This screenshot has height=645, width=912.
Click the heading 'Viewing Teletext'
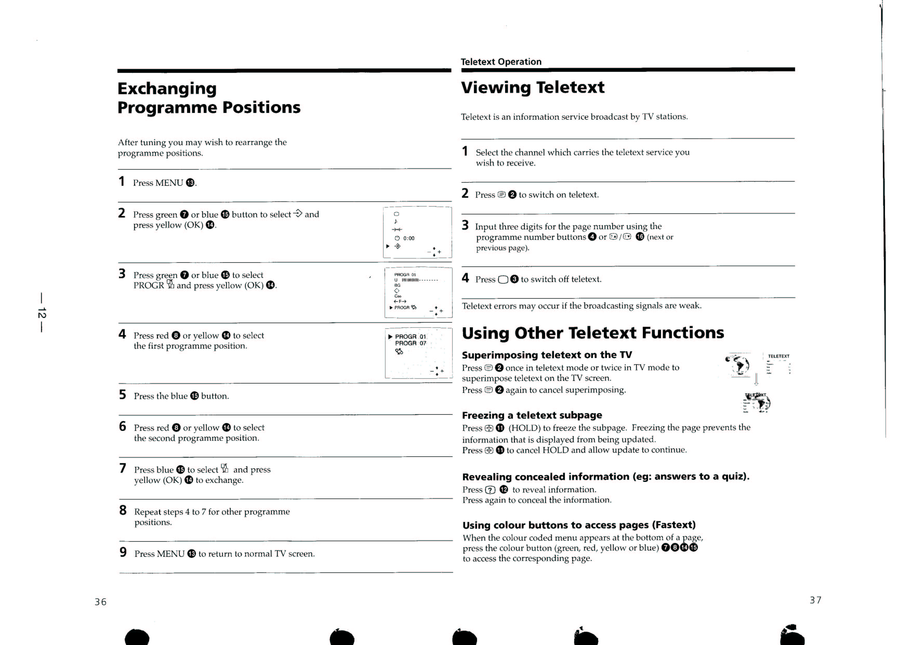click(x=532, y=87)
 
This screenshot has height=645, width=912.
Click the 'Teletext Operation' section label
click(x=501, y=62)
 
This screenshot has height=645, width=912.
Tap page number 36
click(x=101, y=602)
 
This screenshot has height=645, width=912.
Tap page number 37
click(x=816, y=600)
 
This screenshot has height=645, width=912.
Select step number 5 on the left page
click(x=123, y=394)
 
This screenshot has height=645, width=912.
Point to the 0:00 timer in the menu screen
click(x=409, y=238)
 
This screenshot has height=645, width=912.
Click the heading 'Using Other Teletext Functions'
click(x=593, y=333)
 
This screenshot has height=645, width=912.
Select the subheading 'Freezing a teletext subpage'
click(x=532, y=415)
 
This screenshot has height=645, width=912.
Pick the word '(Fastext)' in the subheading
click(x=674, y=525)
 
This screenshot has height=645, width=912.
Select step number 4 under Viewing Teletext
click(x=465, y=278)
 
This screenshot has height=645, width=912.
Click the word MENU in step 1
click(x=169, y=183)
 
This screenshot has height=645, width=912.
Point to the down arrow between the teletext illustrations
click(x=756, y=379)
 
